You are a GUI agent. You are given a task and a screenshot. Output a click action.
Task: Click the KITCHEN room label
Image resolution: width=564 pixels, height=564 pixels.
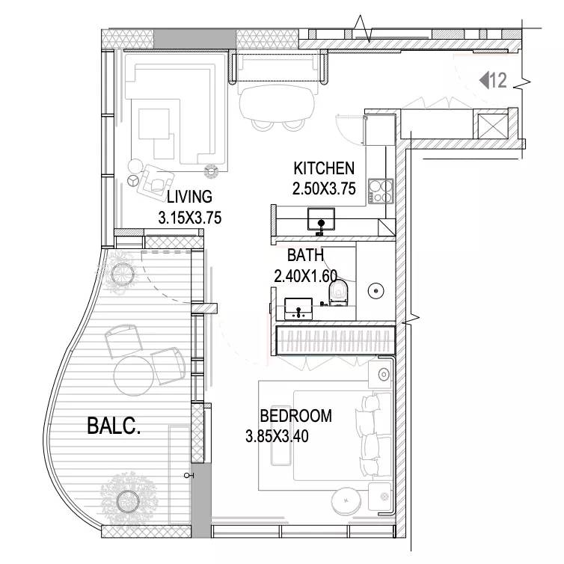(x=324, y=168)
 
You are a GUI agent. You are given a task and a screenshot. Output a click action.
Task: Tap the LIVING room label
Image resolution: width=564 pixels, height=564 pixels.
(x=189, y=197)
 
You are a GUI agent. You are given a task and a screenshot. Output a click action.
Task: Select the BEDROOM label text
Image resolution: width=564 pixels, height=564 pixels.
(x=295, y=416)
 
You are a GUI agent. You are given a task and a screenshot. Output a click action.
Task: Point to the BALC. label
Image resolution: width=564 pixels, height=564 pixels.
(x=114, y=426)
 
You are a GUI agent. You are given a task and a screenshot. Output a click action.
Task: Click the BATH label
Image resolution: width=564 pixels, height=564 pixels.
(x=305, y=255)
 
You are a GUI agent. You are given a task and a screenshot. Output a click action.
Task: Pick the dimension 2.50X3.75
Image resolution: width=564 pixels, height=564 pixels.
(x=324, y=188)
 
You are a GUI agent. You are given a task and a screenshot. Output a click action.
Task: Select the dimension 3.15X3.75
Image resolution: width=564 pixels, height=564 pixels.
(x=189, y=218)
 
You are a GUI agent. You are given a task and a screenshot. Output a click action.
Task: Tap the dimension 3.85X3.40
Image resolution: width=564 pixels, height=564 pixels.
(x=277, y=436)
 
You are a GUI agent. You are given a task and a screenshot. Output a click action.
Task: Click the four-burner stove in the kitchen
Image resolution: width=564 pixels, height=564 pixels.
(x=381, y=191)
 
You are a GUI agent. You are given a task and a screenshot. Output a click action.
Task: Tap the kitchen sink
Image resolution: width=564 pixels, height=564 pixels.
(x=321, y=219)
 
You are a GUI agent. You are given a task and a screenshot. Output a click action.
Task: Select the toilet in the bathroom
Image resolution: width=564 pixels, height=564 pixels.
(x=338, y=292)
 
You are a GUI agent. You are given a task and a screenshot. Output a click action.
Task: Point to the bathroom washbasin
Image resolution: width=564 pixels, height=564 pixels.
(x=298, y=308)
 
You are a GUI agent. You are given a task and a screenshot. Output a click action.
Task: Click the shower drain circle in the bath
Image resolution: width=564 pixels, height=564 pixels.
(x=376, y=291)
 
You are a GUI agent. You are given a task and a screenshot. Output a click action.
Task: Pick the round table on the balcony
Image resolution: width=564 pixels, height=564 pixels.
(x=134, y=376)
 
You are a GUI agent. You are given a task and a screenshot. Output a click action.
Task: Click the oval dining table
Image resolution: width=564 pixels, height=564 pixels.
(x=277, y=103)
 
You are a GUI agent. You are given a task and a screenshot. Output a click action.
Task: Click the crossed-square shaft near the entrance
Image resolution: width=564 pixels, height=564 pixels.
(x=493, y=126)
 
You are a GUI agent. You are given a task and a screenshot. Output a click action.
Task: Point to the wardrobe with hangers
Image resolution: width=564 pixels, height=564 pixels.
(x=336, y=340)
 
